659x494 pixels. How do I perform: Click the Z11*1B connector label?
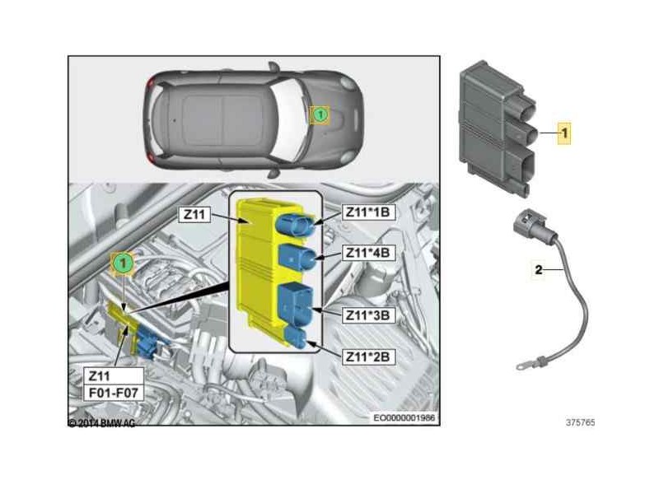pyautogui.click(x=368, y=213)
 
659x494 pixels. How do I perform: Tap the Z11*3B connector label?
pyautogui.click(x=368, y=314)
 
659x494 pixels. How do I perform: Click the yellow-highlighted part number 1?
pyautogui.click(x=565, y=131)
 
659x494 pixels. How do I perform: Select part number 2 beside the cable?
pyautogui.click(x=538, y=268)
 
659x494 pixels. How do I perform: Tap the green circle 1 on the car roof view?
pyautogui.click(x=319, y=115)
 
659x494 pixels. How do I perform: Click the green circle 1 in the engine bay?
pyautogui.click(x=122, y=263)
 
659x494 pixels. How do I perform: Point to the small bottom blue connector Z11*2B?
pyautogui.click(x=298, y=338)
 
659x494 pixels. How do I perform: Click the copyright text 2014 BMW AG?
pyautogui.click(x=101, y=422)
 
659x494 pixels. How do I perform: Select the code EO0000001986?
pyautogui.click(x=404, y=418)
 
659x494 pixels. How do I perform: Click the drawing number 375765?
pyautogui.click(x=580, y=423)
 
